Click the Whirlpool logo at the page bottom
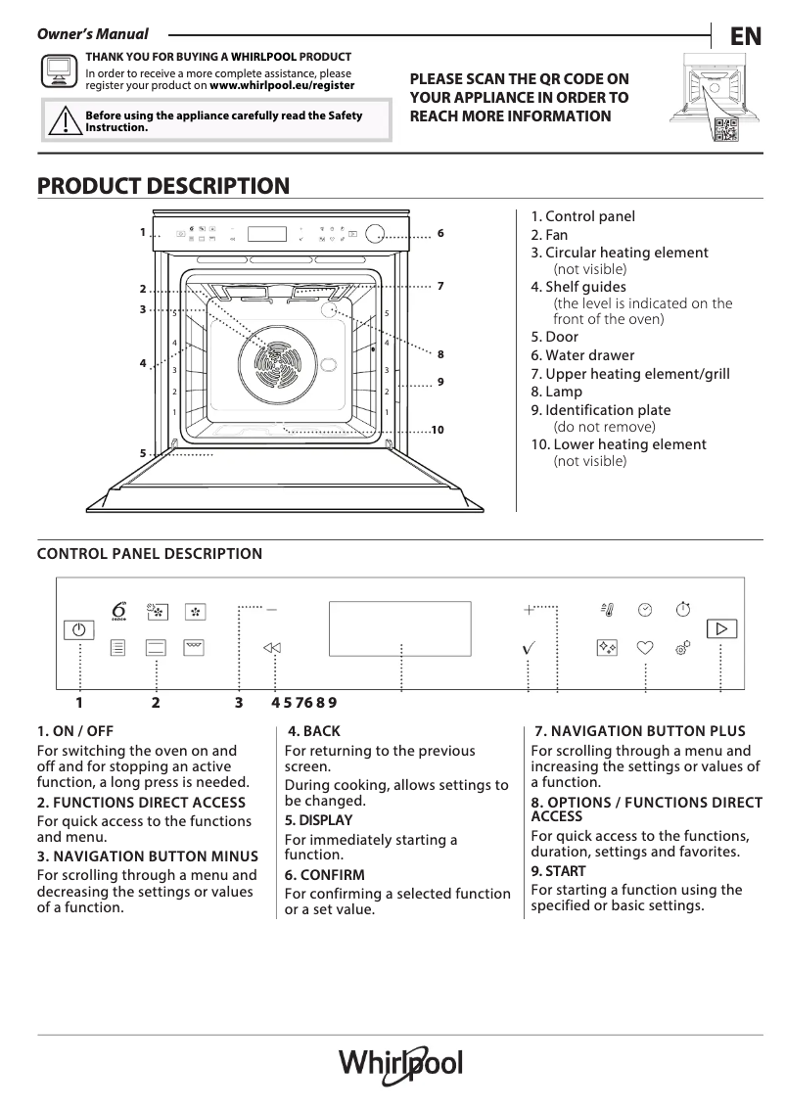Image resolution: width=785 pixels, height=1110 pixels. click(x=400, y=1064)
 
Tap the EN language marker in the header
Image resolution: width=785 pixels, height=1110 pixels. click(x=745, y=37)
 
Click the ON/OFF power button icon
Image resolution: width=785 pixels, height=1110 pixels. click(x=79, y=630)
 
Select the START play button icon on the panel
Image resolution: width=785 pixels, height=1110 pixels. click(x=722, y=628)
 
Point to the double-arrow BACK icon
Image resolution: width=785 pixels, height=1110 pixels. click(x=272, y=648)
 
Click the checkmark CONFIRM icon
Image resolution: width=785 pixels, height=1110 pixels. click(x=529, y=648)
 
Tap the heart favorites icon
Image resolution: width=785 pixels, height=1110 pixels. click(x=645, y=647)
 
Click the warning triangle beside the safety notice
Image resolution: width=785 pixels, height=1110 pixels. click(x=63, y=121)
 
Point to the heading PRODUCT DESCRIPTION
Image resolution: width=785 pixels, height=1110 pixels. click(x=162, y=185)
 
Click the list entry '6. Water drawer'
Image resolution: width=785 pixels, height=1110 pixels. click(x=582, y=355)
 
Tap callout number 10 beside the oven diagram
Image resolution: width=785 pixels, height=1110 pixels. click(x=438, y=430)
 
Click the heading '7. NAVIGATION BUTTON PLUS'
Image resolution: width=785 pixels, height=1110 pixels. click(x=640, y=731)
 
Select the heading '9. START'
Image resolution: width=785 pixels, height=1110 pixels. click(x=558, y=870)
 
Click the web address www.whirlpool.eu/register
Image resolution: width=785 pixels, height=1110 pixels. click(x=282, y=85)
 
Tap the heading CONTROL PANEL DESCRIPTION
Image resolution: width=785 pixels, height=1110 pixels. click(x=150, y=554)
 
